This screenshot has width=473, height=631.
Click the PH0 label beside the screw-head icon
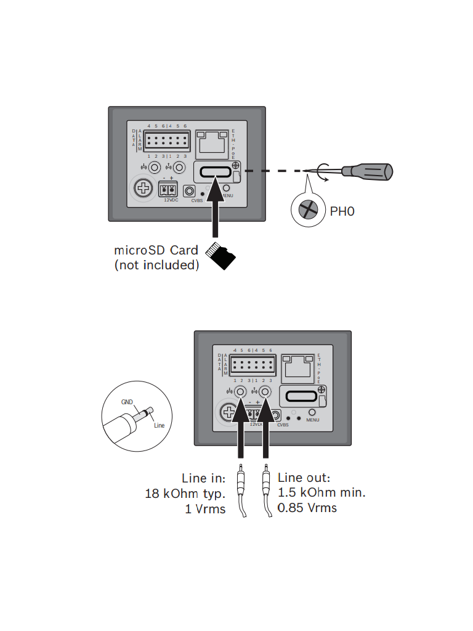(x=343, y=212)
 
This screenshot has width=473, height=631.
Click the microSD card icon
(x=222, y=255)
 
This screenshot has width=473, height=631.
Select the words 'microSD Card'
(x=156, y=251)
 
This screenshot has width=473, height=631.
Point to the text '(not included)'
(x=156, y=266)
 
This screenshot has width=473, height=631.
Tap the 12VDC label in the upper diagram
(x=171, y=200)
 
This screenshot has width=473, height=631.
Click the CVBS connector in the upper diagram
(x=190, y=192)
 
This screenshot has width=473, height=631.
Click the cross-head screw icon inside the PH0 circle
(x=307, y=211)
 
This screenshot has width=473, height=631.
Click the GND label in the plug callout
(x=127, y=401)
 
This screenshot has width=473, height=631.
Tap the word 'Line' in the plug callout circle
(x=159, y=425)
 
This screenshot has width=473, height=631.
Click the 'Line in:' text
(x=204, y=478)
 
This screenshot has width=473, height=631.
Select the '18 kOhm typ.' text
(x=185, y=494)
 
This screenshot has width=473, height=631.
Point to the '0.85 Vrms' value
(x=307, y=508)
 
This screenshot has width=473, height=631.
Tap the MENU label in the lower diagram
(x=312, y=420)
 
